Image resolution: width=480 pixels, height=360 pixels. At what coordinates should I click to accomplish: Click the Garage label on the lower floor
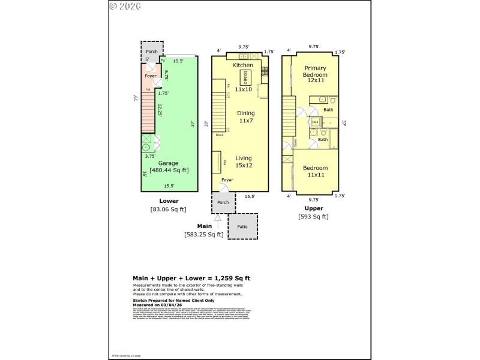169,163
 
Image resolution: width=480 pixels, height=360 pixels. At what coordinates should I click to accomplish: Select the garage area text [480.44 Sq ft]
169,170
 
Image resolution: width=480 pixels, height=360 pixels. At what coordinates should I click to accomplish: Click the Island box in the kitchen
245,77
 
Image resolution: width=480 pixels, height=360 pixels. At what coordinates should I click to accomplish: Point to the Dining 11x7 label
245,117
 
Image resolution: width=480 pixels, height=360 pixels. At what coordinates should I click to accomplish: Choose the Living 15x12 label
244,162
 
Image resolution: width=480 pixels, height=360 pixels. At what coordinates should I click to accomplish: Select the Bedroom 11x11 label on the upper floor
316,172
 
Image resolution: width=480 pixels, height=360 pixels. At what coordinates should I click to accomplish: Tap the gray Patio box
243,227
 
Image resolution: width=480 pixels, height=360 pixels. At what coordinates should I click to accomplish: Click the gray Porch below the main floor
223,203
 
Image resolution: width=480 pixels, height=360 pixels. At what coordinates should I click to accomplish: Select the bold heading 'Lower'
169,201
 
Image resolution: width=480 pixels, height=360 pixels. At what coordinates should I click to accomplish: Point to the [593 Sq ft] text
313,217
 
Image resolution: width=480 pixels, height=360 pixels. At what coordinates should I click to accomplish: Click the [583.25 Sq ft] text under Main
203,235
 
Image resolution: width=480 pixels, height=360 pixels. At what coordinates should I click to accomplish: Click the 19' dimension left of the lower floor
136,98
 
